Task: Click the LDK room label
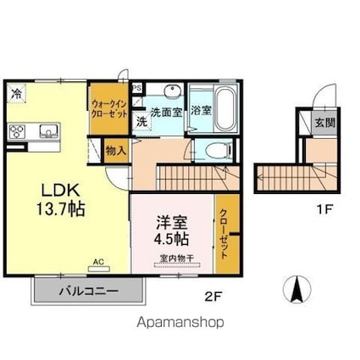click(60, 200)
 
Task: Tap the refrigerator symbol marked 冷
click(17, 92)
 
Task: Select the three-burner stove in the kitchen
click(17, 132)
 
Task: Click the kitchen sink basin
click(49, 131)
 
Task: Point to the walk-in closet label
click(109, 109)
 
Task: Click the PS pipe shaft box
click(137, 88)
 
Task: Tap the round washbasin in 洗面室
click(172, 91)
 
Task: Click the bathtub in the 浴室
click(225, 108)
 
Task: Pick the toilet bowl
click(219, 150)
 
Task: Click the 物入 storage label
click(116, 151)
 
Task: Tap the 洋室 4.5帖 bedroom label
click(171, 230)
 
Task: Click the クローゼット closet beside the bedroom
click(228, 233)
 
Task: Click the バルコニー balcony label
click(88, 291)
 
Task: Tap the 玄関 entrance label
click(325, 123)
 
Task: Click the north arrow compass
click(296, 289)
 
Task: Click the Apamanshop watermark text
click(180, 322)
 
